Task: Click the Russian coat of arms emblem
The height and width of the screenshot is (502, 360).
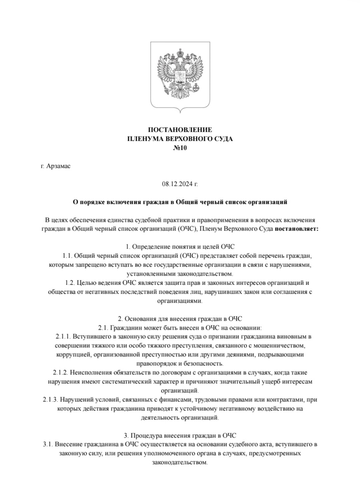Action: (180, 76)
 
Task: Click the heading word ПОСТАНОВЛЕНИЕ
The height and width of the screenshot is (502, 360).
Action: (180, 130)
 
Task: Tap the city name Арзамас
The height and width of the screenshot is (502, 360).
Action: (58, 166)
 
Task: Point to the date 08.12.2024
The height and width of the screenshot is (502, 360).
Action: (178, 184)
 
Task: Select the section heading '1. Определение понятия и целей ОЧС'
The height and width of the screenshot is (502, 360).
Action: (180, 247)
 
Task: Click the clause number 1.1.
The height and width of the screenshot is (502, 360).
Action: (67, 256)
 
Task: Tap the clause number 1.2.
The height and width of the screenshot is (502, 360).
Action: (70, 283)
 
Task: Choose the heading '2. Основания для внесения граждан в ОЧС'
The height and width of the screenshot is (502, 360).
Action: (180, 319)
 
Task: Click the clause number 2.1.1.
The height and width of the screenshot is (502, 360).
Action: (63, 336)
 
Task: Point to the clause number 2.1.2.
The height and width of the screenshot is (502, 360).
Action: (60, 372)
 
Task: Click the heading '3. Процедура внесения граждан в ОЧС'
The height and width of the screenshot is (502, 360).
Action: (180, 435)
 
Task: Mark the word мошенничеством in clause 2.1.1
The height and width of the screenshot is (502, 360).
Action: (280, 345)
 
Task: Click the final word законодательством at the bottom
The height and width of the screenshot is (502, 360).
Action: (179, 462)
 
